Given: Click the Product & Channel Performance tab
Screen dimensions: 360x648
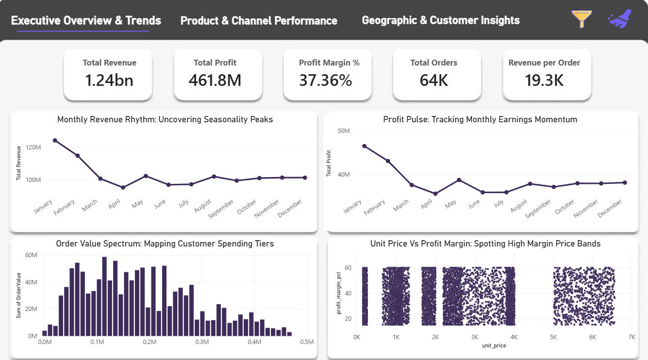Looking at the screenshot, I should pos(259,21).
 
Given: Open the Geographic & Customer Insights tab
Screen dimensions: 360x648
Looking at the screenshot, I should pos(441,20).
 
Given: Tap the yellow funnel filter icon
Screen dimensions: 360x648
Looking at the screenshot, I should pos(582,19).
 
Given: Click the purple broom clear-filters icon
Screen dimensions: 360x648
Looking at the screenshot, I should pos(620,19).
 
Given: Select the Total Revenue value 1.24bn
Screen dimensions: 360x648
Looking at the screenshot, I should pos(109,80).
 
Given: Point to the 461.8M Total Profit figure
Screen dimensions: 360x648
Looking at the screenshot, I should pos(215,80).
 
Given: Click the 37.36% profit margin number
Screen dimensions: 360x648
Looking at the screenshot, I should pos(325,80).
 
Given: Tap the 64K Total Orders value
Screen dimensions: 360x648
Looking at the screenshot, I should pos(434,80).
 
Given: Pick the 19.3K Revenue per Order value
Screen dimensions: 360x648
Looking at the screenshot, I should pos(544,80).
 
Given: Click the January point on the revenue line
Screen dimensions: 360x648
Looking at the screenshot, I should pos(55,141).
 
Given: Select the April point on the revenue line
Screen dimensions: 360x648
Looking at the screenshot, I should pos(123,187).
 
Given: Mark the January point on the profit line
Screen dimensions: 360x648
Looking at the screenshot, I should pos(365,146).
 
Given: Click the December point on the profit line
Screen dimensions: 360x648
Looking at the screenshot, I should pos(625,182).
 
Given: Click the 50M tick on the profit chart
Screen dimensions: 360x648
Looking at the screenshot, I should pos(343,131).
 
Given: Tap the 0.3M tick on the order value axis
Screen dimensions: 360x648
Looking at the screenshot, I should pos(201,342).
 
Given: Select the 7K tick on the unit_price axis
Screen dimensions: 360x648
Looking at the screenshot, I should pos(631,337).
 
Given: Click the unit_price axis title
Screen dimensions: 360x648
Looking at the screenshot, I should pos(494,345).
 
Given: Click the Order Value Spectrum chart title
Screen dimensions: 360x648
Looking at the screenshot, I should pos(165,244).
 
